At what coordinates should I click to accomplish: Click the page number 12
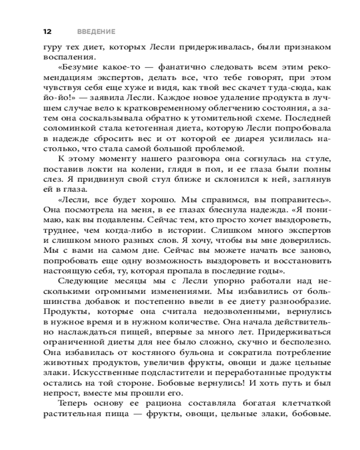[x=47, y=31]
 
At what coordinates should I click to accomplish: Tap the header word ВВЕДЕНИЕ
[x=96, y=31]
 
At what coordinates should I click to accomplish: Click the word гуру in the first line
[x=53, y=47]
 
